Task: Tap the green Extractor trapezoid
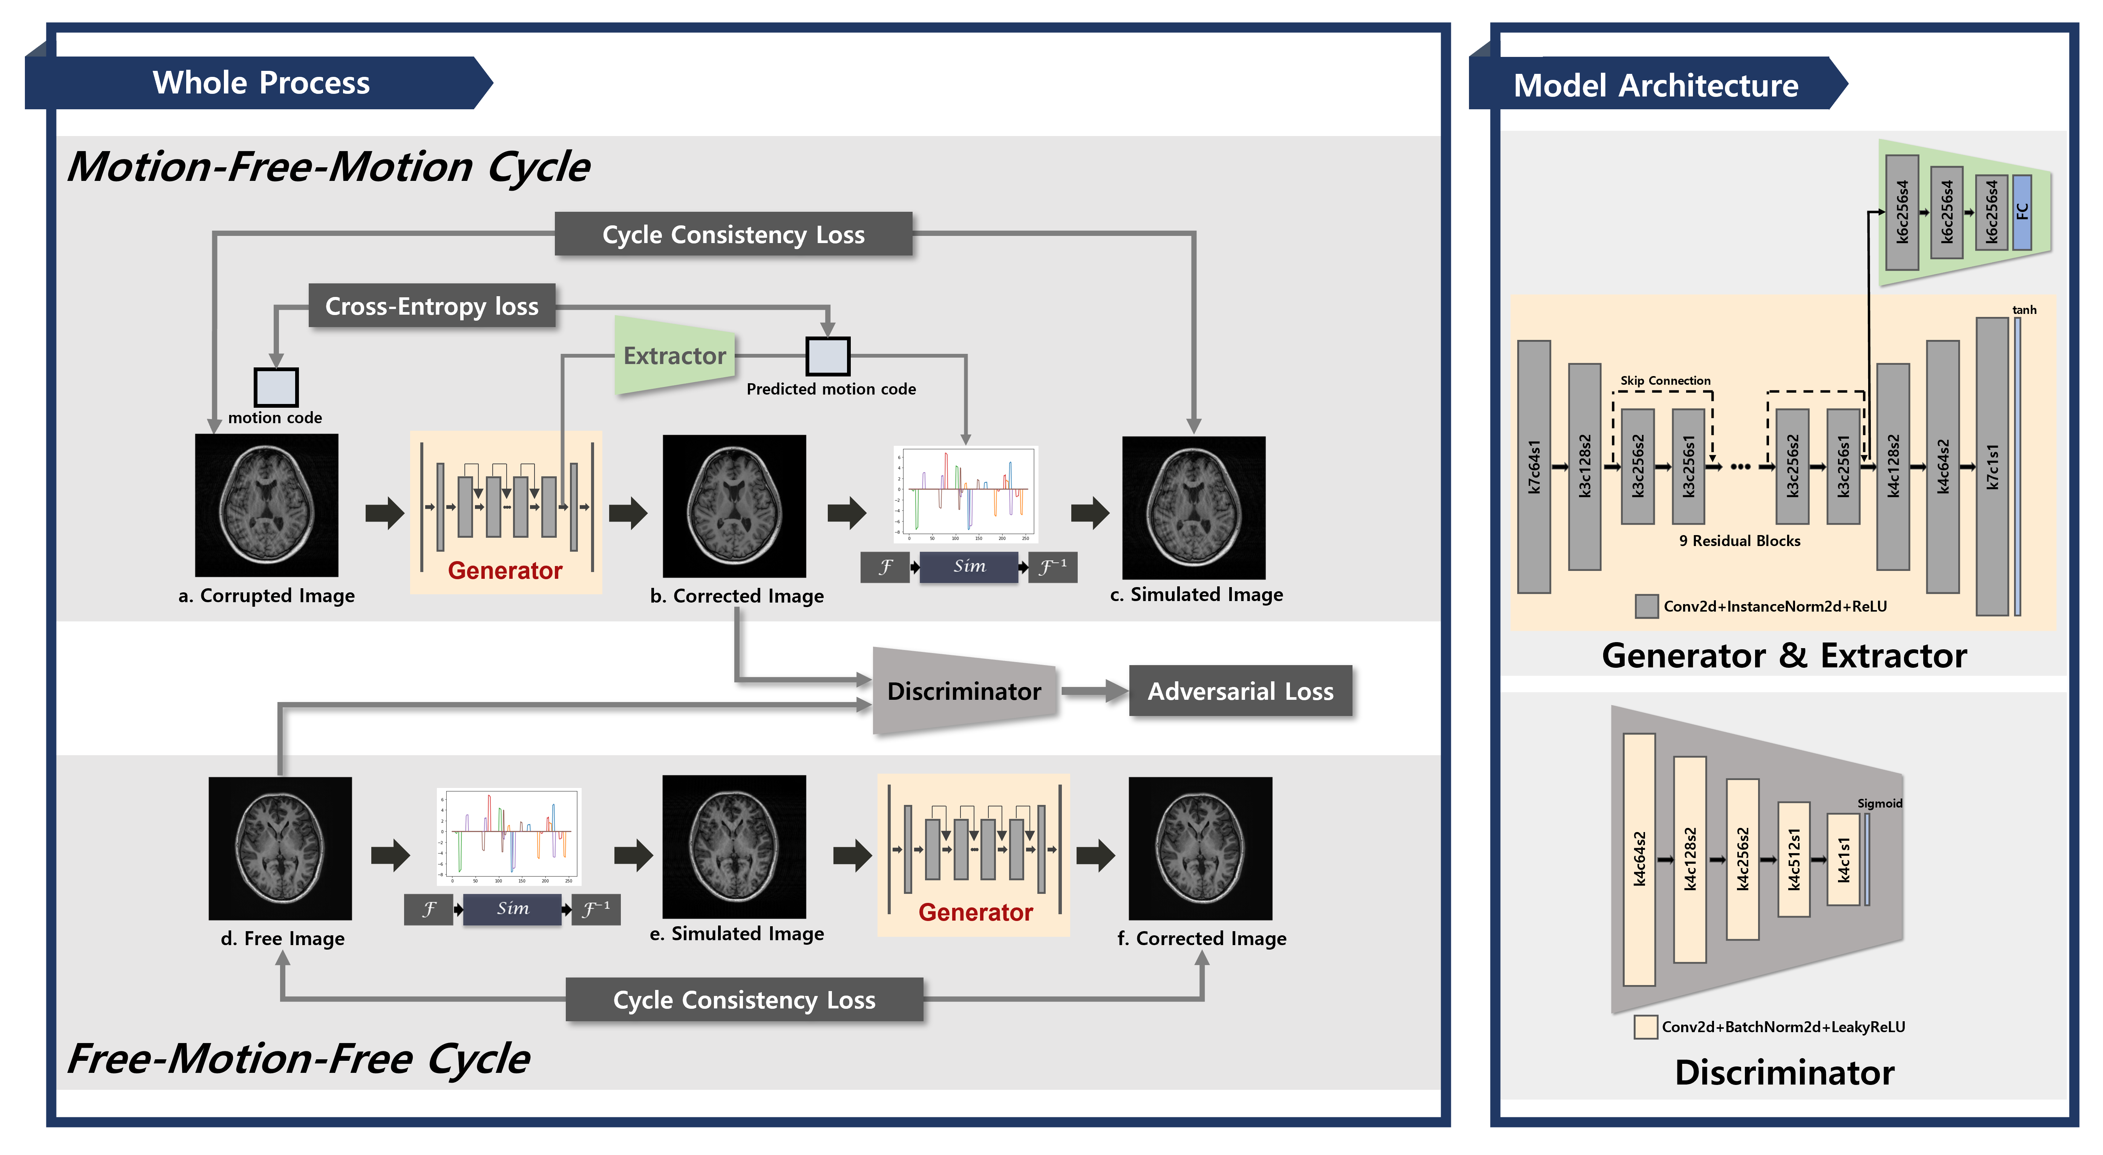click(674, 356)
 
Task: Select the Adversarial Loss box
click(1240, 691)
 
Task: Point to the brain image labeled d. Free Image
click(280, 848)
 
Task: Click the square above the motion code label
click(276, 387)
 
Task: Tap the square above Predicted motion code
click(828, 356)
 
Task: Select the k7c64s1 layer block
click(1534, 467)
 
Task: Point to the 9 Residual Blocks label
click(1739, 540)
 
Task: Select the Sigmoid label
click(1879, 803)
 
